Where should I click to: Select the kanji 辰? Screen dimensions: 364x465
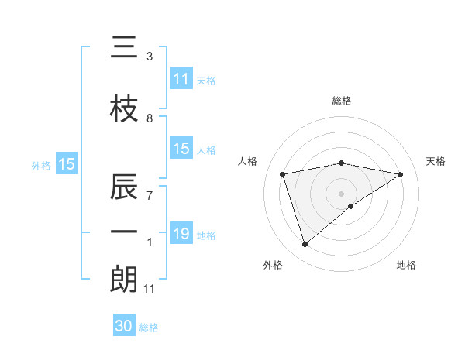(x=124, y=187)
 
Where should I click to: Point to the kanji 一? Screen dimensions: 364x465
(x=124, y=232)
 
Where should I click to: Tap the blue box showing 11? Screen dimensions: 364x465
(x=181, y=79)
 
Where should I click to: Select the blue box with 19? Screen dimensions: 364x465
(x=181, y=234)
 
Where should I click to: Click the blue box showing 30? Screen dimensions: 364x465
(x=124, y=326)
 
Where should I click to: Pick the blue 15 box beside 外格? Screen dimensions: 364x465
(x=66, y=163)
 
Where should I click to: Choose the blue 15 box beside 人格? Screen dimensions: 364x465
(x=181, y=149)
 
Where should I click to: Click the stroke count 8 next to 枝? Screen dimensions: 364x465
(x=150, y=118)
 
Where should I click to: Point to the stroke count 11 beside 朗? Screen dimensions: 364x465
(x=150, y=289)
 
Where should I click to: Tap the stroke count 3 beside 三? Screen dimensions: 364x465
(x=150, y=57)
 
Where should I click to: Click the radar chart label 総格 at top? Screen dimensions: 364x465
(x=341, y=101)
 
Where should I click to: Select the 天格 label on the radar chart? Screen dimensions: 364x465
(x=436, y=161)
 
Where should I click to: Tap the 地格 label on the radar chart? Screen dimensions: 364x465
(x=406, y=265)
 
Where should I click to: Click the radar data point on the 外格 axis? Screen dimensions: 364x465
(x=305, y=245)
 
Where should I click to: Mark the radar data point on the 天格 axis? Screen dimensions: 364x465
(x=400, y=174)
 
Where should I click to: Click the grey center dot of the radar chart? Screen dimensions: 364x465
(x=341, y=193)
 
